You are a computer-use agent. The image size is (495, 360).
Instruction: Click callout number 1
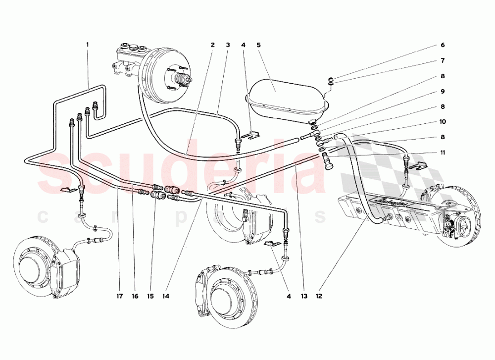(88, 45)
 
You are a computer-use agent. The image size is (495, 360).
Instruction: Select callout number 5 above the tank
(258, 45)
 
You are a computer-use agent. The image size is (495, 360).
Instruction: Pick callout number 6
(443, 45)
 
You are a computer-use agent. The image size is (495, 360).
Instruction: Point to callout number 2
(212, 45)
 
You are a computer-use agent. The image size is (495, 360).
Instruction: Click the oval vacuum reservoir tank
(287, 94)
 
